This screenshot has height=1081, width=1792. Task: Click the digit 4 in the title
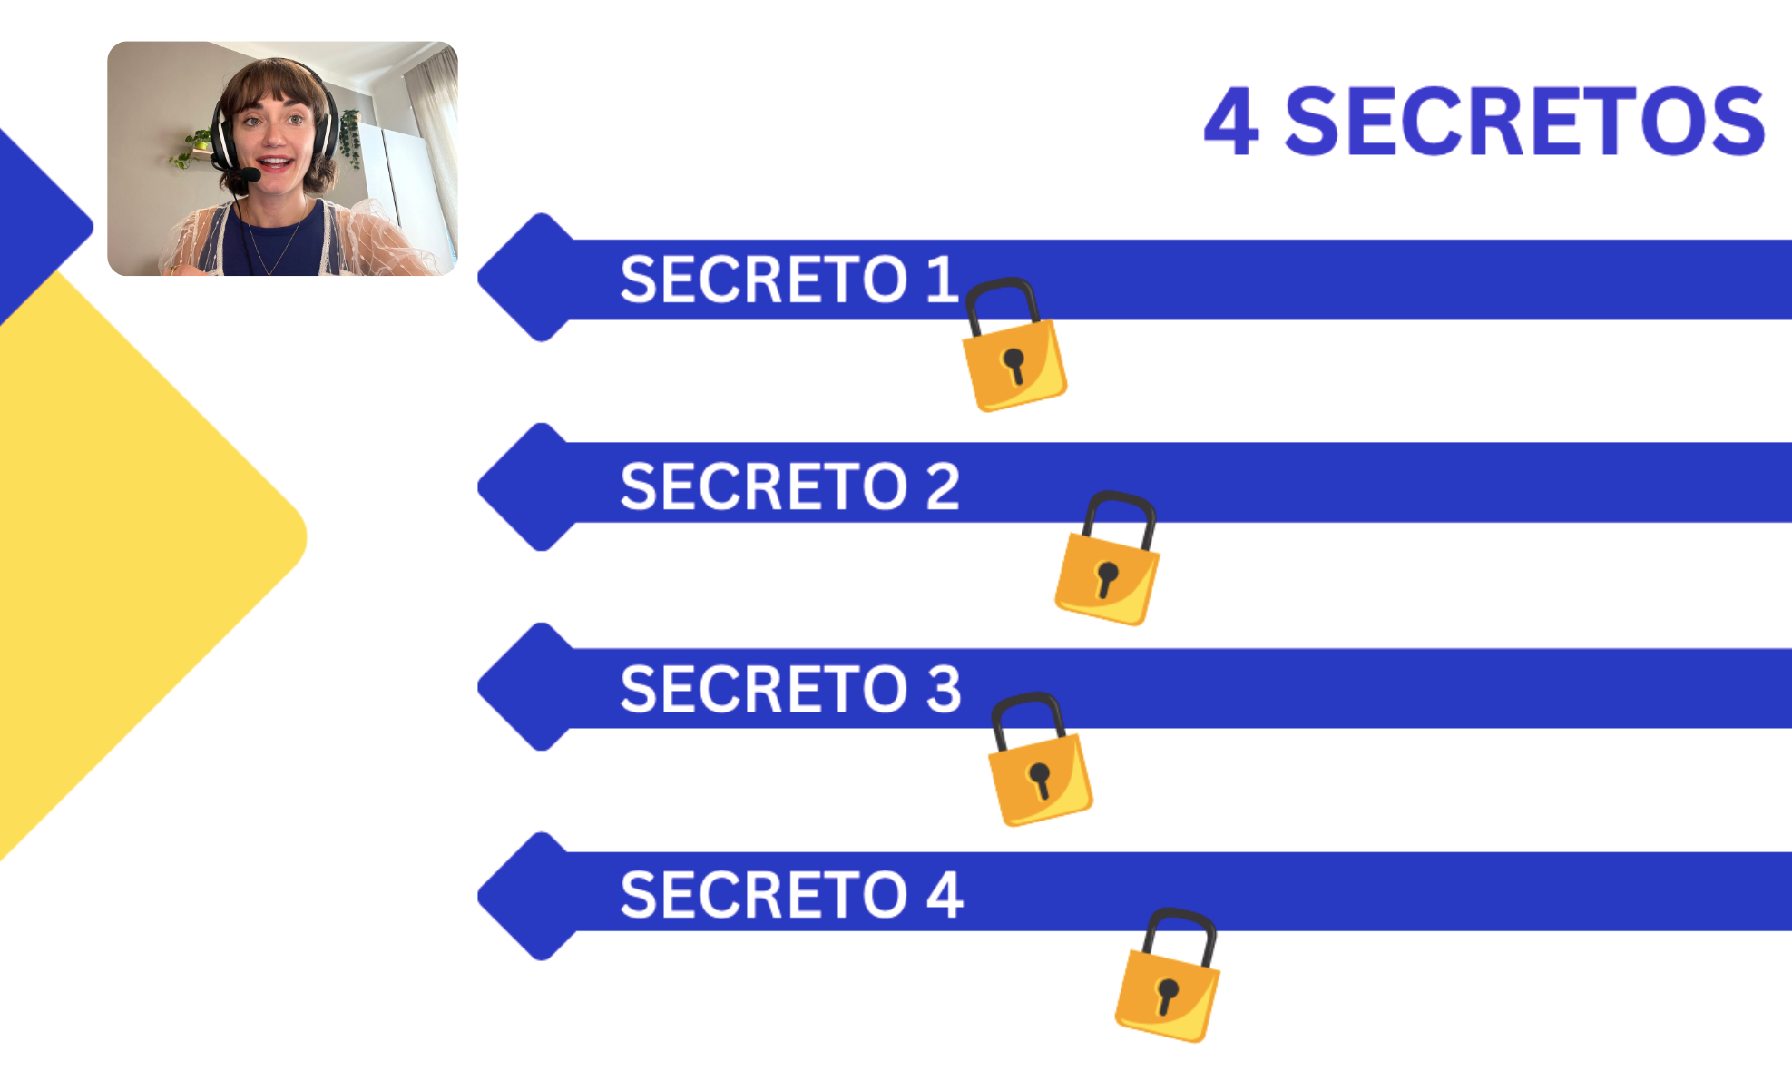pos(1231,123)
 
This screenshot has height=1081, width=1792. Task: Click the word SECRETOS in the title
pos(1524,123)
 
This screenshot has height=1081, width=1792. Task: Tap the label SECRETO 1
pos(788,280)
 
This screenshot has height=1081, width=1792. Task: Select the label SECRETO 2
pos(788,486)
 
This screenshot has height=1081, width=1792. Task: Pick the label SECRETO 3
pos(788,689)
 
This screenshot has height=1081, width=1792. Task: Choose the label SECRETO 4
pos(790,895)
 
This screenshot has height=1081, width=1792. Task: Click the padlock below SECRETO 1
pos(1014,349)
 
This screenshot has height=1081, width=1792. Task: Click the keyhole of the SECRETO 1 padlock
pos(1014,365)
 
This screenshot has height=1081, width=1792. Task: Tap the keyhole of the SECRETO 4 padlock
pos(1167,995)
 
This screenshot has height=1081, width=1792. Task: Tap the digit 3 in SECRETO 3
pos(944,689)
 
